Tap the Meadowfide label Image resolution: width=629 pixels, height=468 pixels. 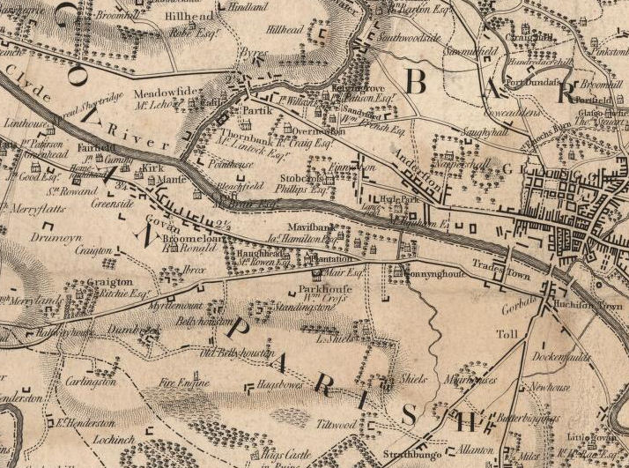(x=162, y=92)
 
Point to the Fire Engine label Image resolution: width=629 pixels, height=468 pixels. (x=184, y=383)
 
